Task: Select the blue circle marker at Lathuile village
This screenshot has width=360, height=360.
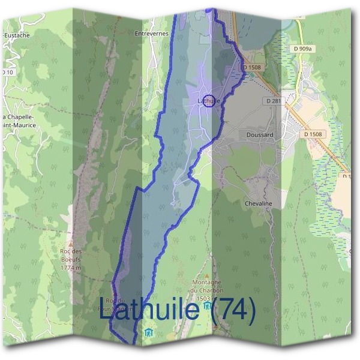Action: [209, 101]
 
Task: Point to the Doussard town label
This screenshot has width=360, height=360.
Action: [260, 135]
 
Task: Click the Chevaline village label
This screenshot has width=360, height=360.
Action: [259, 204]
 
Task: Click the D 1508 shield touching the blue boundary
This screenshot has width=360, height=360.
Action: [252, 68]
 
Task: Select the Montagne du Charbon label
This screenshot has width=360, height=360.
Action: [207, 286]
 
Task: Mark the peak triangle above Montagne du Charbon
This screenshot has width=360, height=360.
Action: [206, 275]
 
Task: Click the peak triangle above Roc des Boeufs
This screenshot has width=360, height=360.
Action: [71, 245]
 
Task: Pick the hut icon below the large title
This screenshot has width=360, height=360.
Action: [148, 332]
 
